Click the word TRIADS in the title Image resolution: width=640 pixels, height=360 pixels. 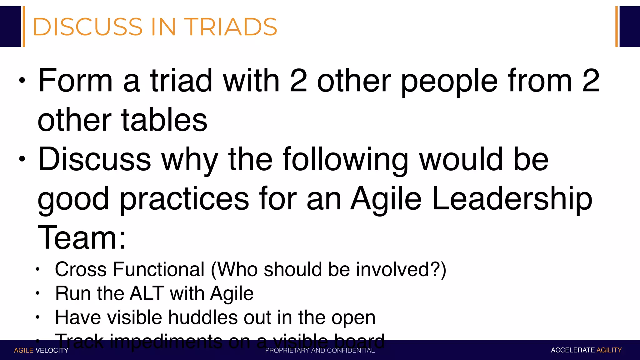click(x=230, y=27)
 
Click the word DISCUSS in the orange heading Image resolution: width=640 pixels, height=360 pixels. click(x=87, y=27)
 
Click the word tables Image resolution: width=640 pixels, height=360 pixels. click(x=164, y=120)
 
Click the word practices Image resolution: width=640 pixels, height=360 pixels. click(x=184, y=199)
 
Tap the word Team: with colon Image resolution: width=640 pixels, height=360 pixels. click(x=82, y=238)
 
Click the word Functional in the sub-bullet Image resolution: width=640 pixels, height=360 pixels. click(x=158, y=269)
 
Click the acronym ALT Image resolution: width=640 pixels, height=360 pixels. click(x=146, y=293)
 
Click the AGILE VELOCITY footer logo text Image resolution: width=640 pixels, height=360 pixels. click(x=41, y=350)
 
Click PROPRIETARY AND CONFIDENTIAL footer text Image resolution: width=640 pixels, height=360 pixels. click(x=320, y=350)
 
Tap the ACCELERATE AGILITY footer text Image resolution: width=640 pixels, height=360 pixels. click(x=586, y=350)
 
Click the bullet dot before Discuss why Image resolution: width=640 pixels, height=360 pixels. click(x=22, y=159)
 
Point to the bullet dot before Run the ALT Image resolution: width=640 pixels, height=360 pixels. click(x=37, y=293)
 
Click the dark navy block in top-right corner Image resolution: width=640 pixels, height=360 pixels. click(x=629, y=27)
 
